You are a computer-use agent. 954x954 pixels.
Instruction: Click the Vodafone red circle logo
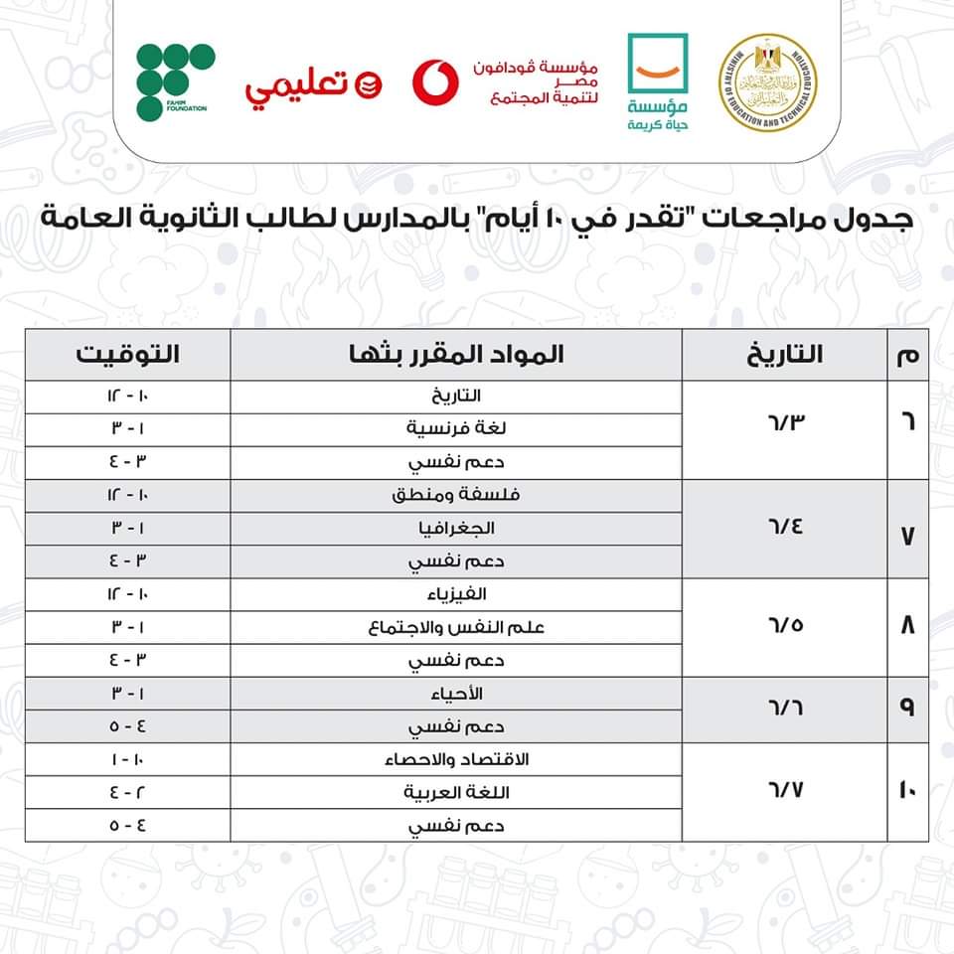point(435,81)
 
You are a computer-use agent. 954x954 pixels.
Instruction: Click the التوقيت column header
point(128,355)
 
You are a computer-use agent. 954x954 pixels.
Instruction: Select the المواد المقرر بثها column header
point(456,355)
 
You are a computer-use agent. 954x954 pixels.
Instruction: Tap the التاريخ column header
point(784,355)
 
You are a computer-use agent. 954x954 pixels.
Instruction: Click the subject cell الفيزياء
point(456,594)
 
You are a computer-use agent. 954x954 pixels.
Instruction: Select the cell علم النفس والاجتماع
point(456,627)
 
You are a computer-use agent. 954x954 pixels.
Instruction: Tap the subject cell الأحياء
point(456,693)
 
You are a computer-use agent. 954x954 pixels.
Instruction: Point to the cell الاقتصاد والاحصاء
point(456,759)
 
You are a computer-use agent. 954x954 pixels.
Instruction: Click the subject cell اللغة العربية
point(456,792)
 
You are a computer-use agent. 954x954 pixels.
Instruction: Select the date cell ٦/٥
point(784,627)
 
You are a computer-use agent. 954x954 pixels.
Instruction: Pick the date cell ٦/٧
point(784,792)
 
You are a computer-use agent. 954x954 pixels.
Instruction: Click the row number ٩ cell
point(906,710)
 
